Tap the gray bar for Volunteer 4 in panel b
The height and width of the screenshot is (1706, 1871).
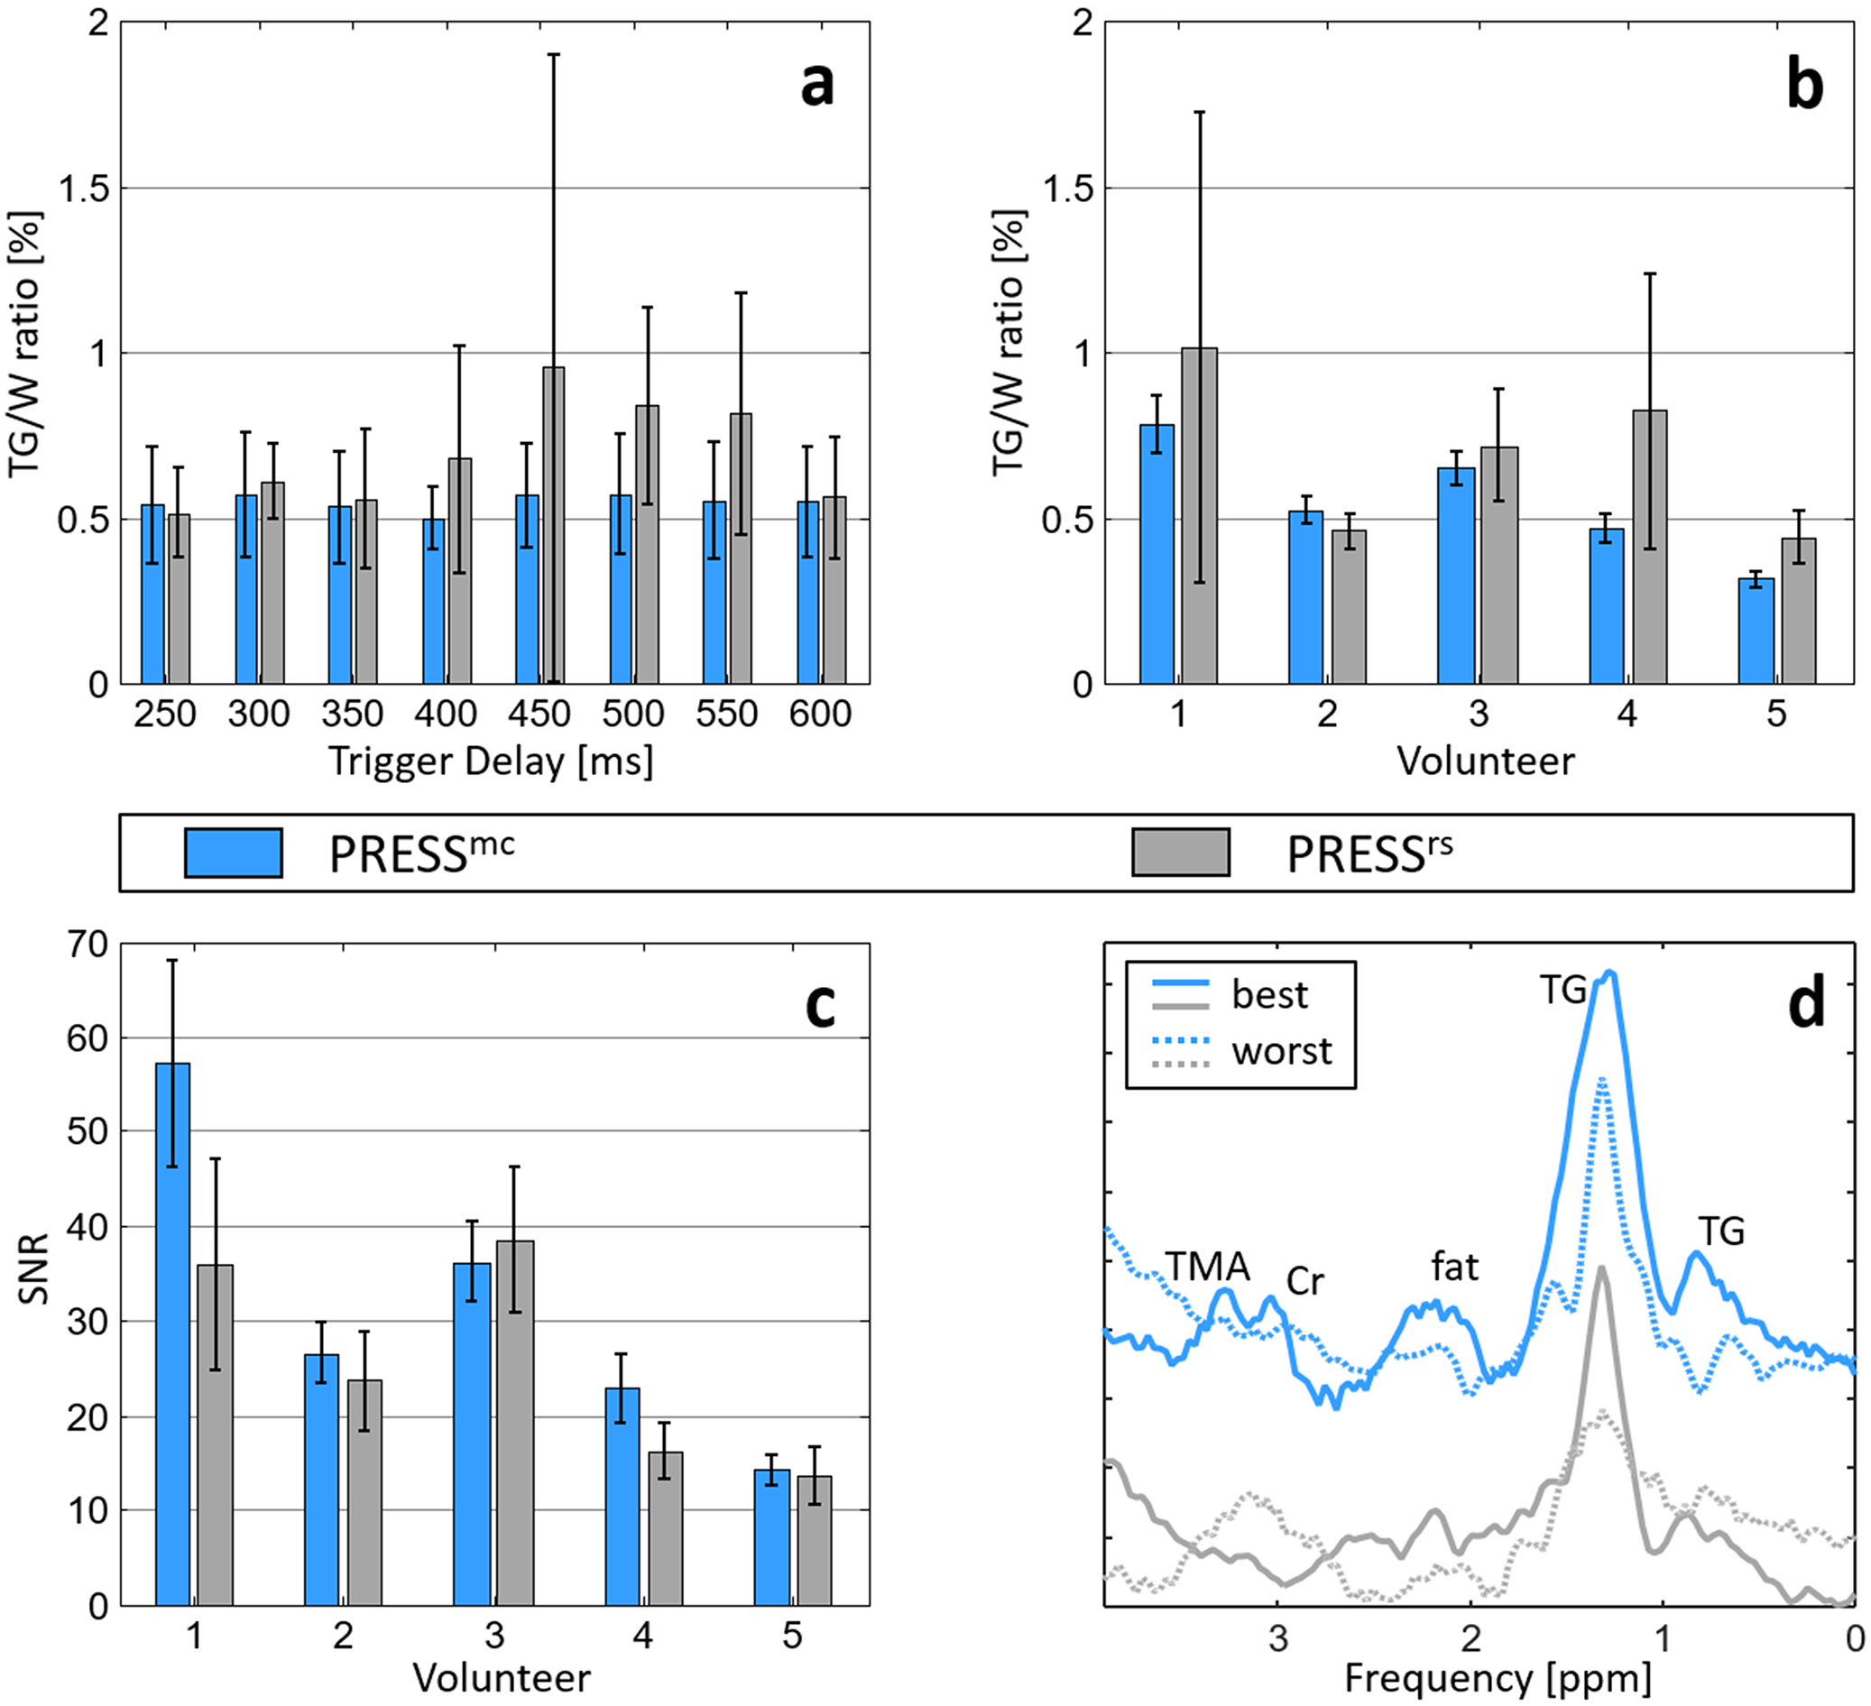[1649, 547]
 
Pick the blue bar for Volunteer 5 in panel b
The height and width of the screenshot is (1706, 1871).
[1755, 632]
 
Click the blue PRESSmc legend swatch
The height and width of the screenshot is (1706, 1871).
[233, 852]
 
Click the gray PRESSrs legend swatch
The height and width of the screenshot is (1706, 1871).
[1181, 852]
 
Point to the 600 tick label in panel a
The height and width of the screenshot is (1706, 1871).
[820, 714]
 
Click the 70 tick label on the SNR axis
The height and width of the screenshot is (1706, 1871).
[88, 945]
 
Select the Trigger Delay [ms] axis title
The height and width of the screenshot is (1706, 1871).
[491, 761]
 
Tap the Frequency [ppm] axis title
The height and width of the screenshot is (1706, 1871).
[1498, 1678]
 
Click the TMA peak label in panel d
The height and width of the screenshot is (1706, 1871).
[1207, 1266]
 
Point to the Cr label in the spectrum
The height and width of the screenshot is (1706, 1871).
[1304, 1282]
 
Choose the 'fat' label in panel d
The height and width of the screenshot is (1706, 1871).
[1454, 1266]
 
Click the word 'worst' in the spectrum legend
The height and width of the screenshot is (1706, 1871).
[1282, 1052]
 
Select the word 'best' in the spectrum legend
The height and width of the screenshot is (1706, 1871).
[1269, 995]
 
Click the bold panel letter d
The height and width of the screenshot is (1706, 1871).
[1806, 1004]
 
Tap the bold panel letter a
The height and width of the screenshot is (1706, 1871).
[816, 86]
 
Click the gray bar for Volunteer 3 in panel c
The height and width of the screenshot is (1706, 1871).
[515, 1424]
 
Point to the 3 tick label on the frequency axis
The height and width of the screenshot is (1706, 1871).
[1279, 1639]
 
